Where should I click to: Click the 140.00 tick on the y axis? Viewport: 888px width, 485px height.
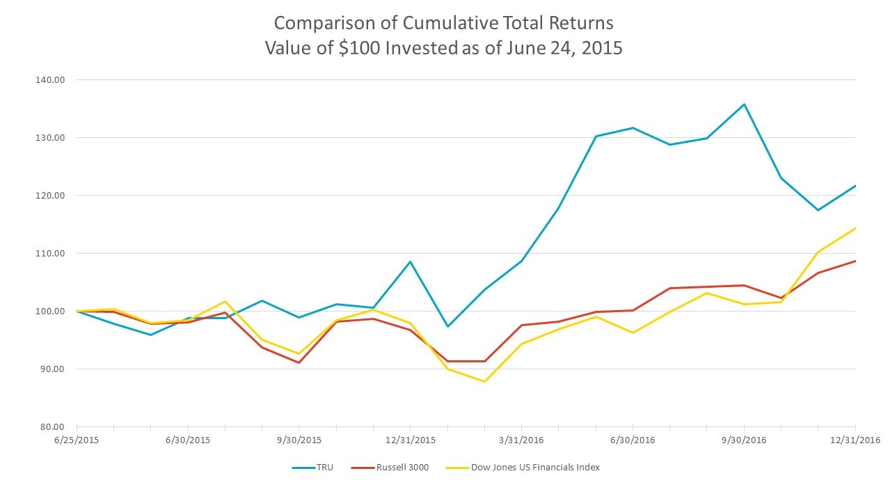[49, 79]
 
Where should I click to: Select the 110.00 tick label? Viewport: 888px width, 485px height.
[49, 253]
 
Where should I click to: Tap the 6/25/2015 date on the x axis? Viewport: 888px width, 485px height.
[77, 440]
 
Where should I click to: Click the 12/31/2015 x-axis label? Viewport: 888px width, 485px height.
[410, 440]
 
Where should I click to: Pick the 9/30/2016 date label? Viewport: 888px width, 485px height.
[744, 440]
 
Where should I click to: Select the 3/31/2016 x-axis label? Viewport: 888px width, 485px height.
[521, 440]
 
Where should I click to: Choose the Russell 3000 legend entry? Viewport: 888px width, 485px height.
[404, 467]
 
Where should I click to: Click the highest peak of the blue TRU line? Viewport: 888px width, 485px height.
[744, 105]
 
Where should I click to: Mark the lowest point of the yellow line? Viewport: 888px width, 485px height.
[484, 381]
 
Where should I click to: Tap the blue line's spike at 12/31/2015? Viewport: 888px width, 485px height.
[410, 262]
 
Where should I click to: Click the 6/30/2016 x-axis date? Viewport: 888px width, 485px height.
[633, 440]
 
